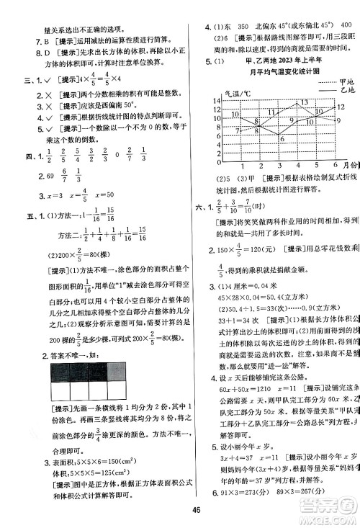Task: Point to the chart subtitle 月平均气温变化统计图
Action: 280,73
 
